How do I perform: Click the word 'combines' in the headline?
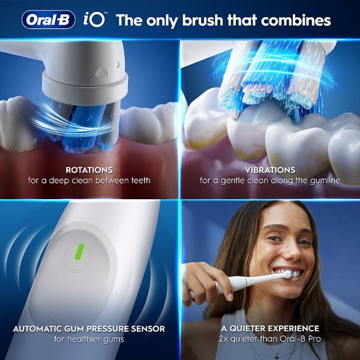coord(296,20)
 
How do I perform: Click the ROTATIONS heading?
coord(89,170)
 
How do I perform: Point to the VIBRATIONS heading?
coord(271,170)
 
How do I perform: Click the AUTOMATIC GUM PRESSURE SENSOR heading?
coord(89,329)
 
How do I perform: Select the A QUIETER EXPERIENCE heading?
coord(271,329)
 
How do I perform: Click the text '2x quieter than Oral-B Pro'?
coord(271,340)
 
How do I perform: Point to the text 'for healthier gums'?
coord(89,340)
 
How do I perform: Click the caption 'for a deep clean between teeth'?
coord(89,180)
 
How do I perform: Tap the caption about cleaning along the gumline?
coord(271,180)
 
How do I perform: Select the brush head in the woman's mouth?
coord(288,275)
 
